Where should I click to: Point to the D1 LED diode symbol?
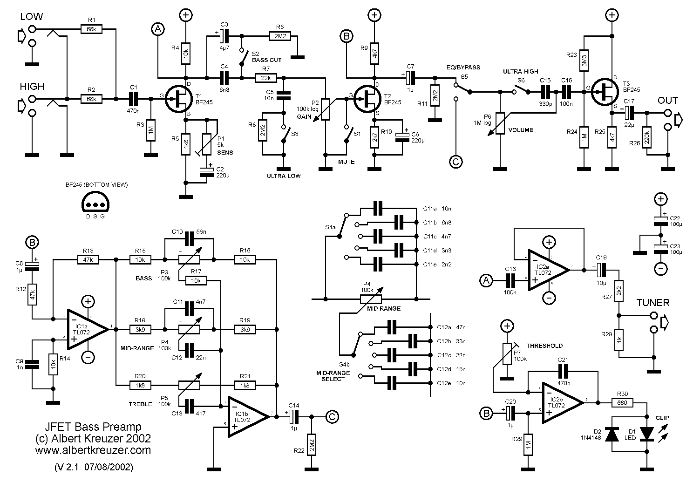(x=647, y=434)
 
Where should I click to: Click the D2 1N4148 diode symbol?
(x=612, y=434)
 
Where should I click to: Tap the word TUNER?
(x=653, y=303)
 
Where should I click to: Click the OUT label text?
(x=668, y=101)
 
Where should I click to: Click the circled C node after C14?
(x=331, y=416)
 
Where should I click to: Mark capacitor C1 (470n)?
(x=134, y=99)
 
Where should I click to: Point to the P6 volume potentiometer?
(x=500, y=123)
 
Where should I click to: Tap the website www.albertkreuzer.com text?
(x=93, y=450)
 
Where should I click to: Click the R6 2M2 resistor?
(x=279, y=35)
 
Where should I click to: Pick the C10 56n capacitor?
(x=189, y=239)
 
